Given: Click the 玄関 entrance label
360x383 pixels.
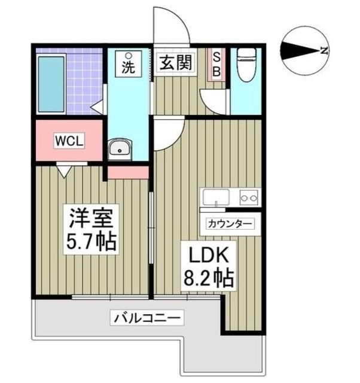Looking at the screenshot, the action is [x=176, y=62].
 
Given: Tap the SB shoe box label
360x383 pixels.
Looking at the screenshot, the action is [x=216, y=65].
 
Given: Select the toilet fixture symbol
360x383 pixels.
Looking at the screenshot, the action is [x=246, y=65].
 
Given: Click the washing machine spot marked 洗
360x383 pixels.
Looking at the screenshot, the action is [x=129, y=64].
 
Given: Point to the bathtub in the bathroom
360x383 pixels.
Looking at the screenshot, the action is [x=51, y=84].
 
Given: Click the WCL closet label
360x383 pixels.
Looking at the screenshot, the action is [x=69, y=141].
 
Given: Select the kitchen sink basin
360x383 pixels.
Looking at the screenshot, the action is [x=216, y=197].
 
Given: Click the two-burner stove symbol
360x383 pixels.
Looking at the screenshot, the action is [x=249, y=197].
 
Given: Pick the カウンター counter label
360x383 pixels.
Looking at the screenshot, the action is [x=230, y=224].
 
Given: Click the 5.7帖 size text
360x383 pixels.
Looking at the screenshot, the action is [x=91, y=242].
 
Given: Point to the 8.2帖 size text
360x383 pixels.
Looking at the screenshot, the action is [x=209, y=278].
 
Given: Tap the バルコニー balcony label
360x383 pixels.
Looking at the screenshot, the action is [x=147, y=318].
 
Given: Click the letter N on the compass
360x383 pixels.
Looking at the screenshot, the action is [x=324, y=51].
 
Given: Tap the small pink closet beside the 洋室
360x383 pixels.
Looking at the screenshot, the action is [x=128, y=172].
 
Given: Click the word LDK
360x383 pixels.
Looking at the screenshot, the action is [x=209, y=255].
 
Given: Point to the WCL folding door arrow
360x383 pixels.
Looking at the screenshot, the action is [x=64, y=172].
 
